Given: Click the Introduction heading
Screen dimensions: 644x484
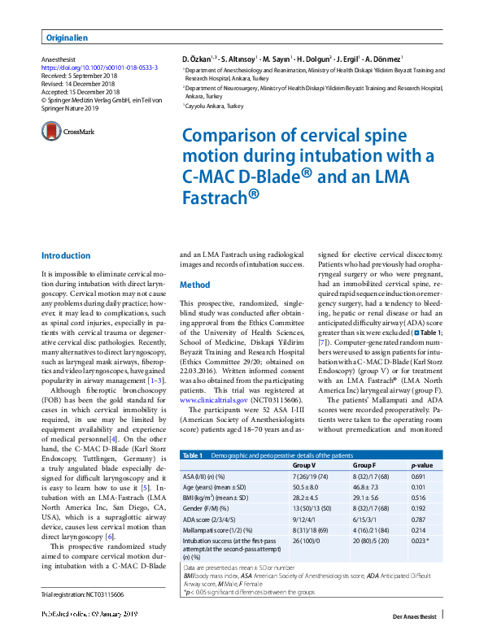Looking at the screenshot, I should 66,255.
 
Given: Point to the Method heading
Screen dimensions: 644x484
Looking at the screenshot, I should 194,286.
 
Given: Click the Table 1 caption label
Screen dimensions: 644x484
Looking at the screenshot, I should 194,454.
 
